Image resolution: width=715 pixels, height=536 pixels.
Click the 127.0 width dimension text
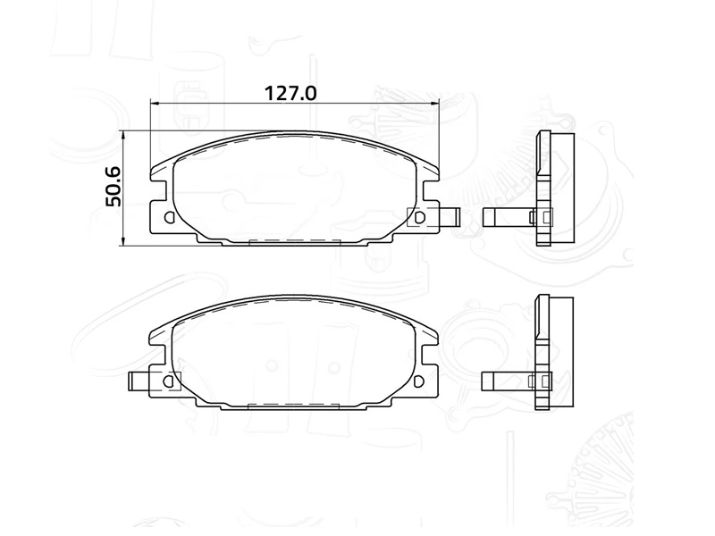tap(291, 93)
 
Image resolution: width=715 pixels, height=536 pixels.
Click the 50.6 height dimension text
tap(114, 187)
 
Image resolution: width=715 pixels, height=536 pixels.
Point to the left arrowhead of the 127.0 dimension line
tap(154, 104)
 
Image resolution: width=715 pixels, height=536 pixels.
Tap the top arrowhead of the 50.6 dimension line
tap(123, 134)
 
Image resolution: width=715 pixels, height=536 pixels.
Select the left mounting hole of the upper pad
tap(171, 217)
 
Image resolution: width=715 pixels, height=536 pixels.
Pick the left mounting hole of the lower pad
tap(171, 381)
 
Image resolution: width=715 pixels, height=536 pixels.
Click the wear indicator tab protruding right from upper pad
tap(449, 217)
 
